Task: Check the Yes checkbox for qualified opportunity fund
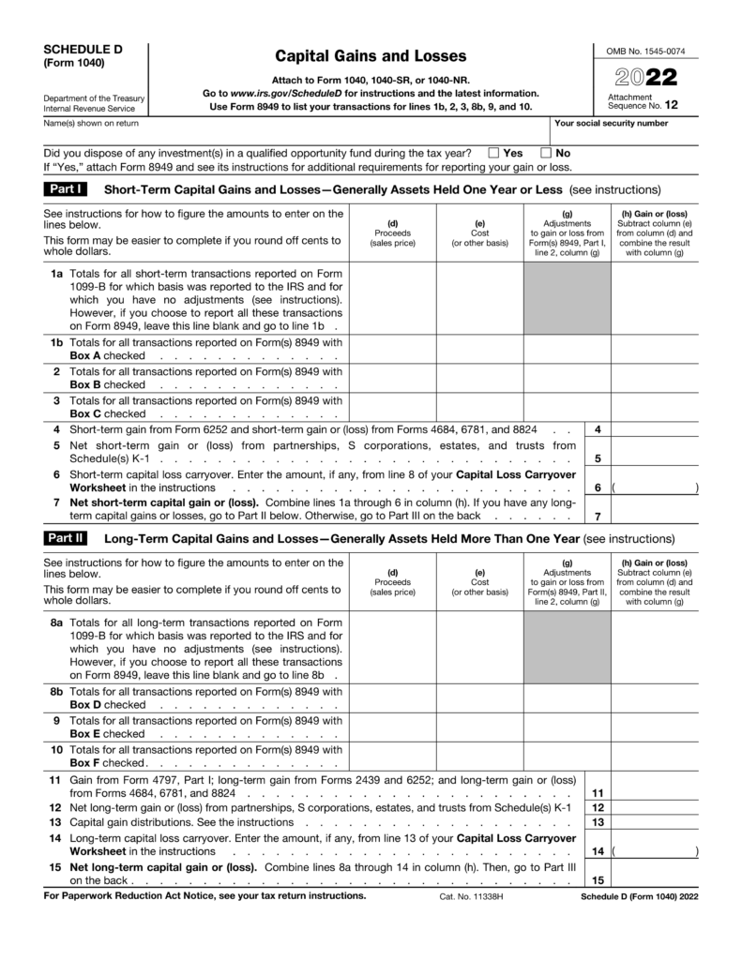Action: [493, 153]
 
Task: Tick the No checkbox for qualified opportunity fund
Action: [546, 153]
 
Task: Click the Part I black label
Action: [65, 188]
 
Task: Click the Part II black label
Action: [65, 539]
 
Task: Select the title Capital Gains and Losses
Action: [371, 56]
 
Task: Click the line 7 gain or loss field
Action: [655, 516]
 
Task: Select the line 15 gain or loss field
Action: [655, 879]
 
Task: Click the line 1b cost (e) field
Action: [479, 349]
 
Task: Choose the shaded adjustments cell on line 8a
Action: [567, 648]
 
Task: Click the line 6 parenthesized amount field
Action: [655, 487]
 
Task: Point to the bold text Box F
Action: [85, 763]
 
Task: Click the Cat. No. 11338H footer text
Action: [471, 896]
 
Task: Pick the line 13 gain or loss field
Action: [655, 822]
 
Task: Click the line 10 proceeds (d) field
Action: [392, 757]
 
